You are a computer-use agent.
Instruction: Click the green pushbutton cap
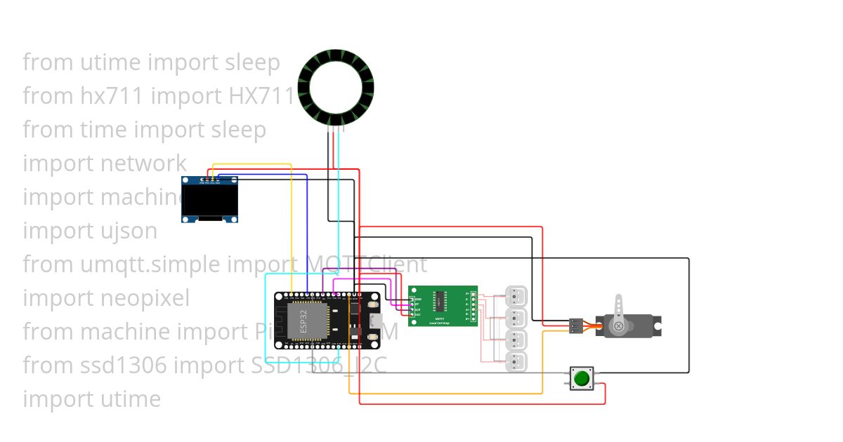point(581,379)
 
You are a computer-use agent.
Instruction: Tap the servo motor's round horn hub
point(618,326)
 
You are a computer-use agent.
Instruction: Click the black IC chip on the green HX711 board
point(443,301)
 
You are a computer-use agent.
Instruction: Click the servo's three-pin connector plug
point(575,326)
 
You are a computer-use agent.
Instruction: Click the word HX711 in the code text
point(261,95)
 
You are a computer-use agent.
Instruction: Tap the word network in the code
point(143,163)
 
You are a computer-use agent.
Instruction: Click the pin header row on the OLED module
point(209,180)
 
